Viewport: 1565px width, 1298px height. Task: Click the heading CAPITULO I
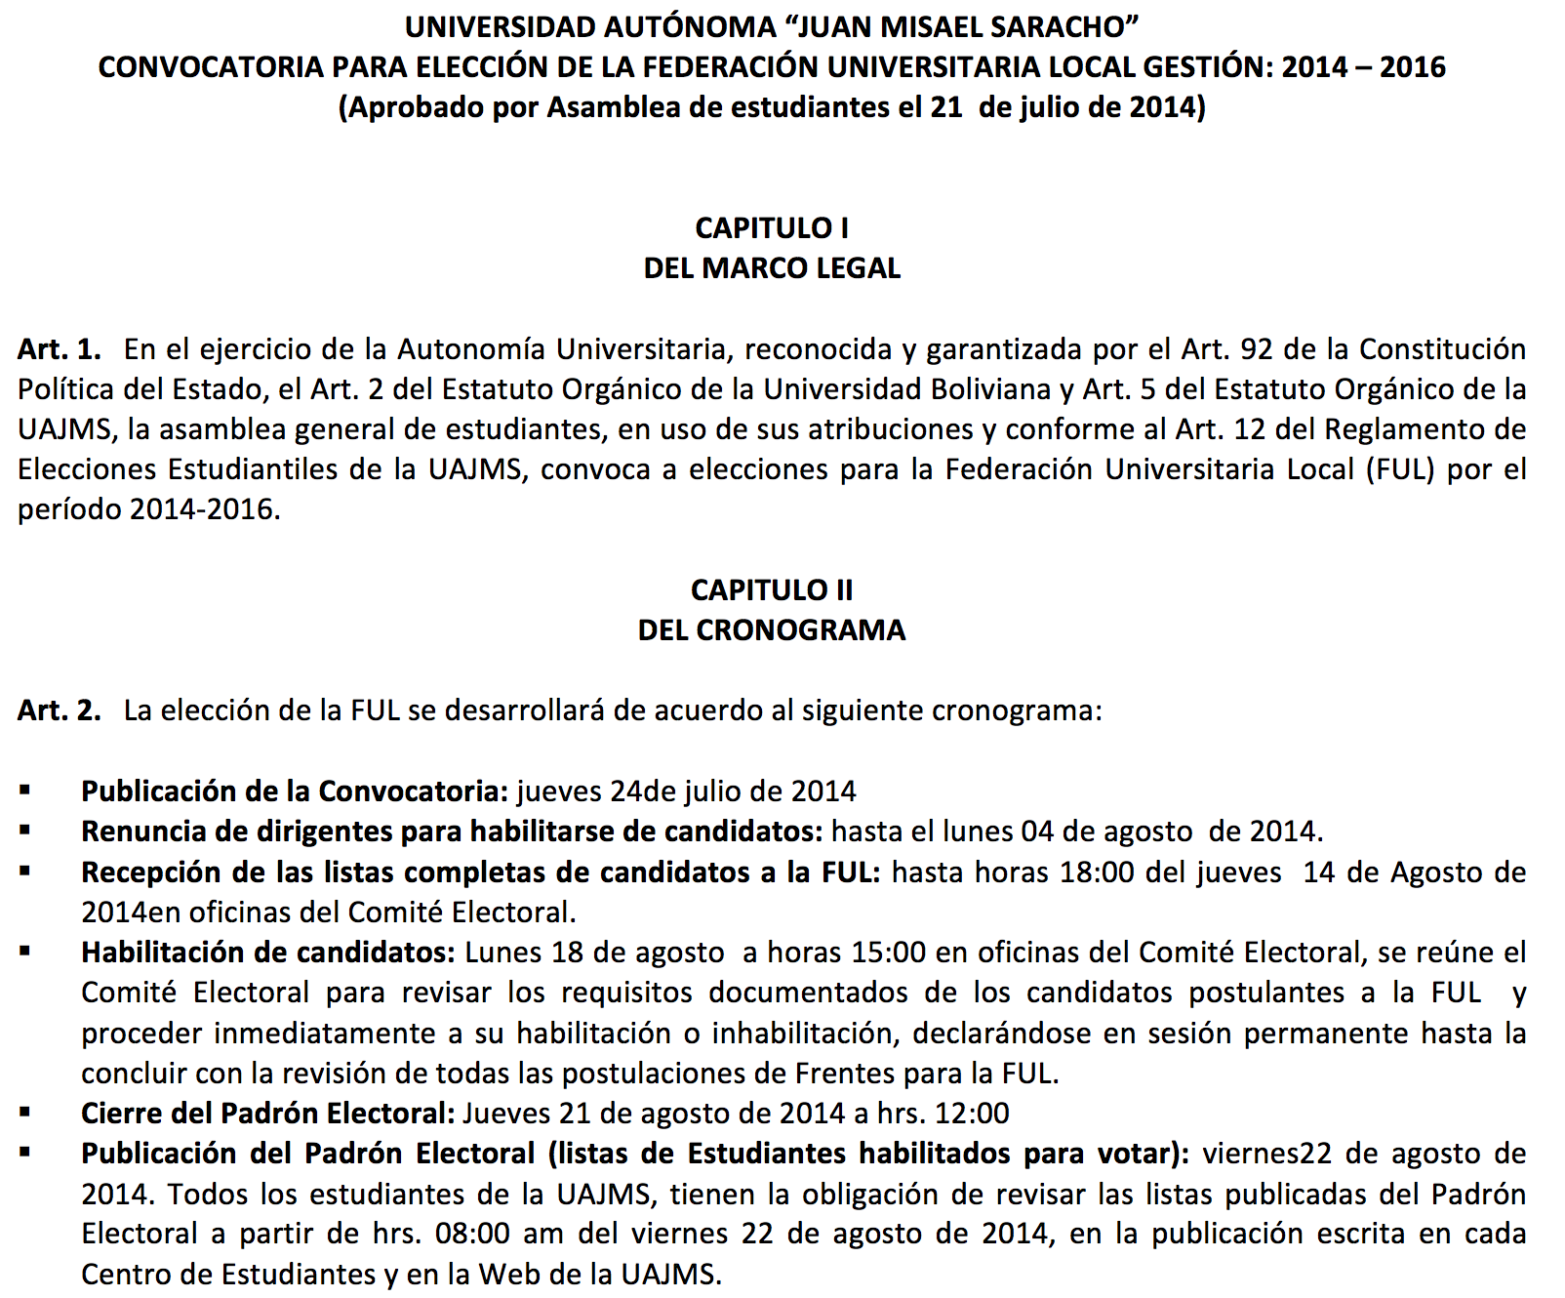point(771,228)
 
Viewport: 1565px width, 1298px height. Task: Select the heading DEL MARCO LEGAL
point(771,268)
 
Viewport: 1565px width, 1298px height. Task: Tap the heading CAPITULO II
point(771,590)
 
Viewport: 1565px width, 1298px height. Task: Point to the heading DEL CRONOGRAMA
point(771,630)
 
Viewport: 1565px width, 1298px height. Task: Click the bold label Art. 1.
point(59,349)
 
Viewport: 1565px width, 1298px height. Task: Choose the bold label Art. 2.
point(59,710)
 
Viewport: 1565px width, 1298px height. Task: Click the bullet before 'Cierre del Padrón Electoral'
point(24,1113)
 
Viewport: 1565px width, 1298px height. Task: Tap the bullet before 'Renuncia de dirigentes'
point(24,831)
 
